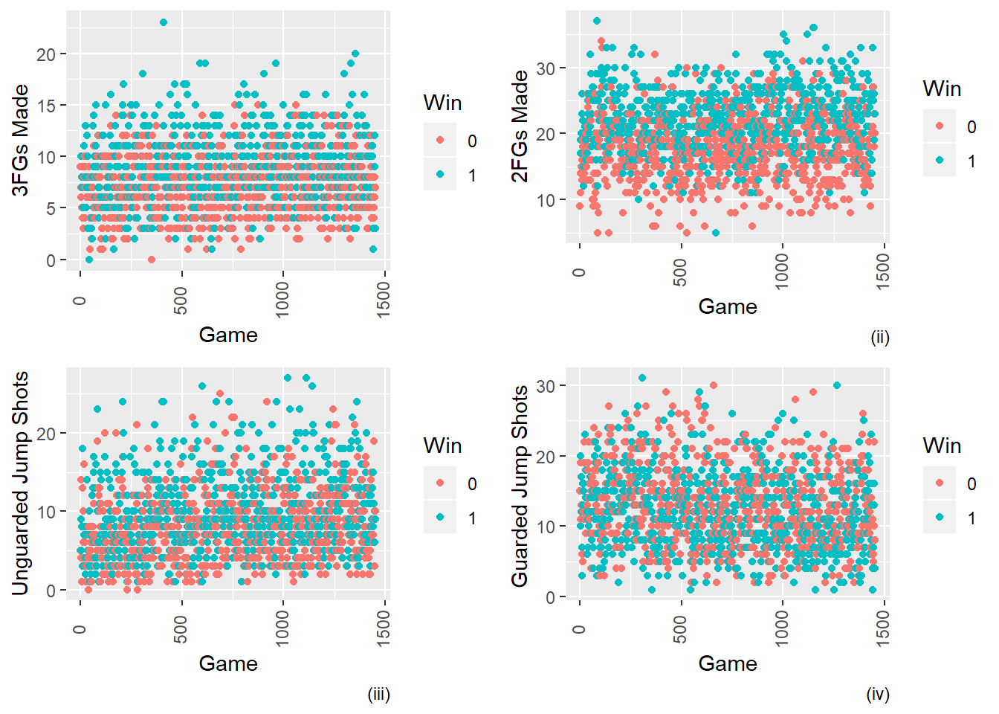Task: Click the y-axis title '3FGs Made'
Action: pos(21,141)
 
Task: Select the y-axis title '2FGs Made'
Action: pos(520,126)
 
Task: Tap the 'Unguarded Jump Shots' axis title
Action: pos(21,483)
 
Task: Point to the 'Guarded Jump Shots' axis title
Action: pos(520,486)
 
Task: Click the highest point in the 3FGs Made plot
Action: pos(164,22)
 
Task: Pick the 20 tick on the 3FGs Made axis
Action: pos(46,54)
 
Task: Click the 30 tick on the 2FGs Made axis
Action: pos(546,68)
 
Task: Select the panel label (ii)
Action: pos(880,338)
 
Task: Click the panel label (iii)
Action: pos(378,695)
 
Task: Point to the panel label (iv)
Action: pos(878,695)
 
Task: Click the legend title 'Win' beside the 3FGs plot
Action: pos(442,103)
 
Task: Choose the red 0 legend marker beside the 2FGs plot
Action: pos(940,126)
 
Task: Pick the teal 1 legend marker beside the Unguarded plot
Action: pos(440,518)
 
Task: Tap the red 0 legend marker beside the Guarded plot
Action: pos(940,483)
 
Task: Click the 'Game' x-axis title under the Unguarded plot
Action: pos(228,663)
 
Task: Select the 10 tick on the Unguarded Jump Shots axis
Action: pos(46,512)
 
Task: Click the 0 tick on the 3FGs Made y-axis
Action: pos(51,260)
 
